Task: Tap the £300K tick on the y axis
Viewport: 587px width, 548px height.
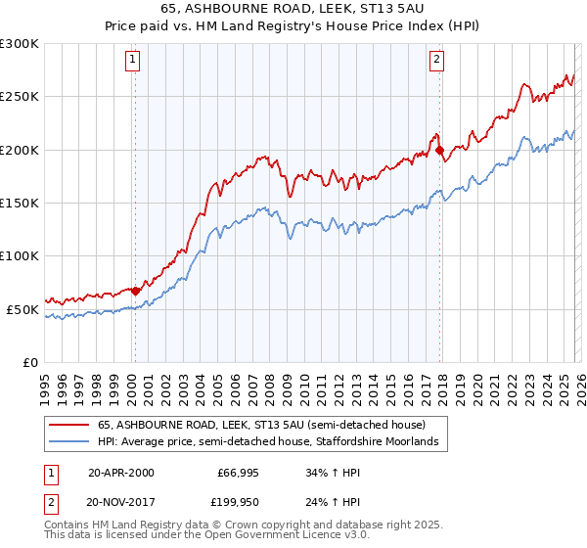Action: click(20, 44)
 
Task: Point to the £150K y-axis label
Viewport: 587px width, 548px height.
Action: click(20, 203)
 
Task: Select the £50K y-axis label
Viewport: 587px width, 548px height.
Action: click(23, 309)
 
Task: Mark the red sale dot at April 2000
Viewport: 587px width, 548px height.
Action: click(135, 291)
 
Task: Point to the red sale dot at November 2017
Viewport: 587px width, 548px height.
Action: click(440, 150)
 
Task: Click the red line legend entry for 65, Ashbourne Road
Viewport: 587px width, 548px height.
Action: click(260, 426)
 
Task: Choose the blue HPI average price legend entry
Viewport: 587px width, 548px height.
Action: click(273, 442)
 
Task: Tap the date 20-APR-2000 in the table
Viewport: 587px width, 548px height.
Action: click(121, 473)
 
